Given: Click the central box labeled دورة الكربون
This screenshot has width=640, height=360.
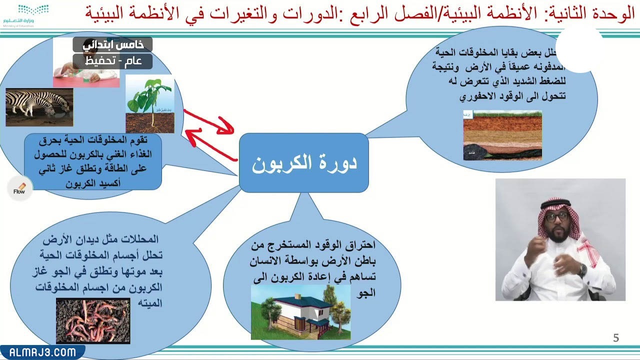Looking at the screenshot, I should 304,163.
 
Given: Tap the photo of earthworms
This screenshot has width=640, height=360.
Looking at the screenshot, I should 93,320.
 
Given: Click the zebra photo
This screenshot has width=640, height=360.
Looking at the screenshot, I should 39,107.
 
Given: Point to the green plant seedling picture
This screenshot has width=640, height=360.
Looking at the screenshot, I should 149,104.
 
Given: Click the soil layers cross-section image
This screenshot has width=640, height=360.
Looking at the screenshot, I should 502,135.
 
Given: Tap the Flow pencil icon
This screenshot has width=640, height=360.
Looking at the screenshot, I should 19,188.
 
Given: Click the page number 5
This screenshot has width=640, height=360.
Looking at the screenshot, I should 616,338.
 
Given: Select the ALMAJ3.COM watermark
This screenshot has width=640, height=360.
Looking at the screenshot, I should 42,352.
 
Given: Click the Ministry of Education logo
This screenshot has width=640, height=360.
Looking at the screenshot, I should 25,15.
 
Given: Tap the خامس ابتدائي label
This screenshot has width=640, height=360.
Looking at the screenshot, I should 112,44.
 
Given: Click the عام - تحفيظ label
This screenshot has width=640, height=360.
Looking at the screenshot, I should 112,61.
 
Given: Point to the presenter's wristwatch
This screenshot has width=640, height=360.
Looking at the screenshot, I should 582,270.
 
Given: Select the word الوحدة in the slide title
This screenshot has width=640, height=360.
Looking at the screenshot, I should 616,14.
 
